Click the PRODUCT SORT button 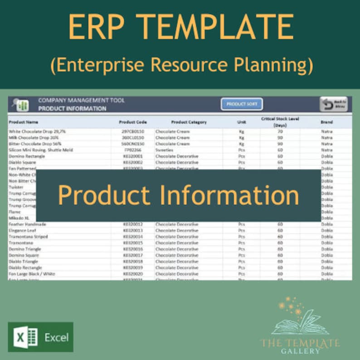click(x=242, y=104)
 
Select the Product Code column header click(x=133, y=122)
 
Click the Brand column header click(x=326, y=122)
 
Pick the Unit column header click(x=241, y=122)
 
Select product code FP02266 click(x=133, y=150)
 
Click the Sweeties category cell click(x=164, y=150)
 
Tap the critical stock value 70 click(x=280, y=131)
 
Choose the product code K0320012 click(x=133, y=224)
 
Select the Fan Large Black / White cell click(x=31, y=274)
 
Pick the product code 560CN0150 click(x=133, y=144)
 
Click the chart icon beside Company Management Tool click(x=22, y=105)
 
